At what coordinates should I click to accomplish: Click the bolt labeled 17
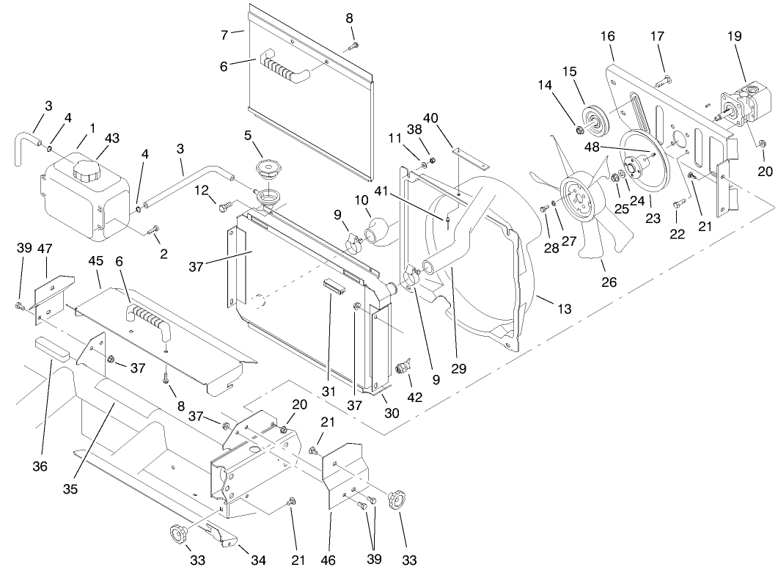coord(666,78)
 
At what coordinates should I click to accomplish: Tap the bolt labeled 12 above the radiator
coord(225,209)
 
